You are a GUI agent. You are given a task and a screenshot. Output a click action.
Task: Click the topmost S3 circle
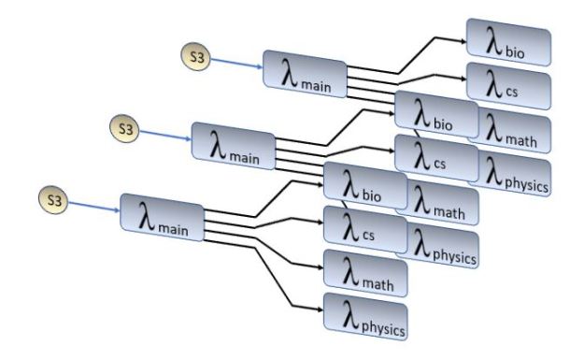point(194,59)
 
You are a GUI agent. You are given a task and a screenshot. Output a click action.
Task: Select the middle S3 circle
point(123,127)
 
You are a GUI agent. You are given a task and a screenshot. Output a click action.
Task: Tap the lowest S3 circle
point(53,199)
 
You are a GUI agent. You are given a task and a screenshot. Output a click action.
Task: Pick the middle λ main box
point(233,141)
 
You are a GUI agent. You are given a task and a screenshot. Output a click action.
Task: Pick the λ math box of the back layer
point(516,130)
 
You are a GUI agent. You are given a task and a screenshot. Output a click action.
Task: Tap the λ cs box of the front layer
point(363,224)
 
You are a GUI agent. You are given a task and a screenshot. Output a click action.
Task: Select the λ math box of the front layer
point(364,271)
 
